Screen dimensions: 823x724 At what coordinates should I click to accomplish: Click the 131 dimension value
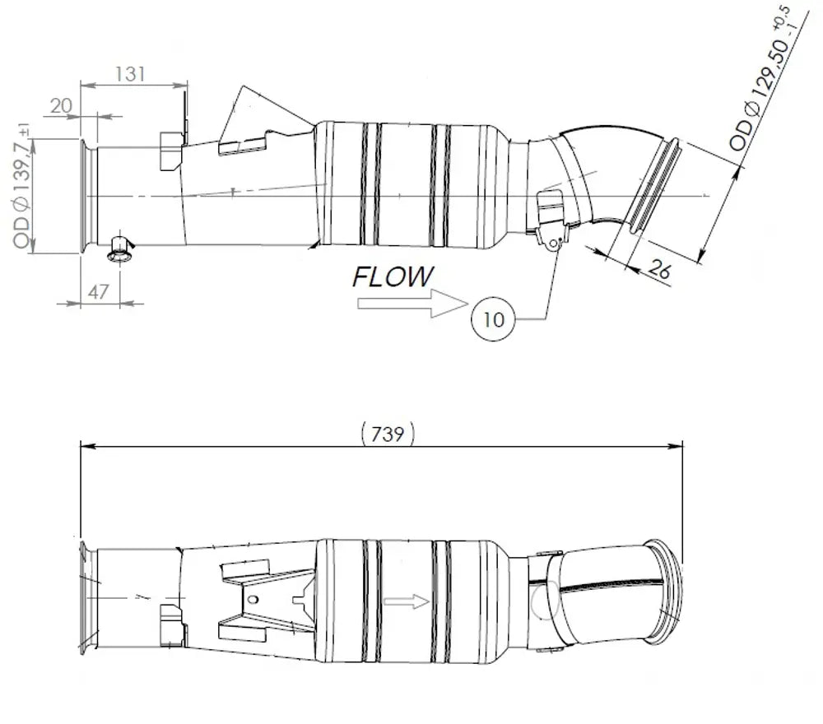coord(130,74)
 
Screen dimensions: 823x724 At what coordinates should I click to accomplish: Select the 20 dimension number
coord(61,106)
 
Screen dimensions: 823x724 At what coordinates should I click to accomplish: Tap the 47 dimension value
coord(98,292)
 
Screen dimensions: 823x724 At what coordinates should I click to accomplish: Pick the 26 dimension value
coord(659,270)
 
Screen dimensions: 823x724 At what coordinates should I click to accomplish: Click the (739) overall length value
coord(388,434)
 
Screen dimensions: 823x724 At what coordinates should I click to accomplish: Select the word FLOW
coord(393,276)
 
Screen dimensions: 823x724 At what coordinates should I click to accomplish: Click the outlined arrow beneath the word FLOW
coord(412,304)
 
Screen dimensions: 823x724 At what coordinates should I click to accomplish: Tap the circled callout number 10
coord(493,319)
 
